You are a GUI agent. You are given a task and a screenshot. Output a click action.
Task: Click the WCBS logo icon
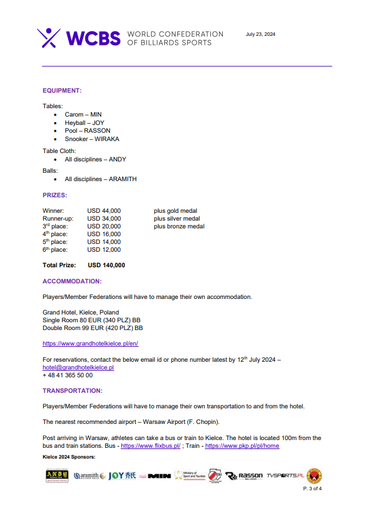click(49, 38)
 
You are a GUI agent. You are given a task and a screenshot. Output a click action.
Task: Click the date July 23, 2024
click(260, 34)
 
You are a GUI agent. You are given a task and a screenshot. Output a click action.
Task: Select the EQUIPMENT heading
click(62, 90)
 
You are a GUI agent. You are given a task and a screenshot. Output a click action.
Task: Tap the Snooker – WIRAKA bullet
click(92, 139)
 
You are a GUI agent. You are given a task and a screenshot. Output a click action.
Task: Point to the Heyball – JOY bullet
click(84, 123)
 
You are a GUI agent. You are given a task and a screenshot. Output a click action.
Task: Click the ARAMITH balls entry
click(101, 179)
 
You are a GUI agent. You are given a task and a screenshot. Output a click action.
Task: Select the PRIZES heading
click(54, 195)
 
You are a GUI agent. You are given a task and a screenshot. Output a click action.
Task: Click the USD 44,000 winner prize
click(104, 210)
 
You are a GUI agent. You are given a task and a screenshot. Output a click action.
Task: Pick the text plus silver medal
click(177, 218)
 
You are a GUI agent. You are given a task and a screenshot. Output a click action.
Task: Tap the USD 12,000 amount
click(104, 249)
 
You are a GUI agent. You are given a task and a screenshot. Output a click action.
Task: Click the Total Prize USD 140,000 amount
click(106, 265)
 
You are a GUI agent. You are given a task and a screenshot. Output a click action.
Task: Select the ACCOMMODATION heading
click(72, 280)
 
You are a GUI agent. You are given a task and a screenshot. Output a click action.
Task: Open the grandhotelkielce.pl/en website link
click(90, 343)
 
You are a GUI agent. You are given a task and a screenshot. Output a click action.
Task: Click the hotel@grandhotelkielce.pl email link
click(78, 367)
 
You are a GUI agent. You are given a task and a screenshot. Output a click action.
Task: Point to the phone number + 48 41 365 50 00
click(68, 375)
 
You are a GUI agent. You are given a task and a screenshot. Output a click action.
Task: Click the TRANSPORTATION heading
click(72, 390)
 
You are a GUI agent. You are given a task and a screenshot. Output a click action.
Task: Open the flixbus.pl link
click(151, 446)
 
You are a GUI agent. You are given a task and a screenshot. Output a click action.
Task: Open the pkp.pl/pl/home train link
click(242, 446)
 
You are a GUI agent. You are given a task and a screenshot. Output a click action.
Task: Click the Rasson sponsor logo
click(247, 476)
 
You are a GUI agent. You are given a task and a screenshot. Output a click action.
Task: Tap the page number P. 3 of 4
click(312, 488)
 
